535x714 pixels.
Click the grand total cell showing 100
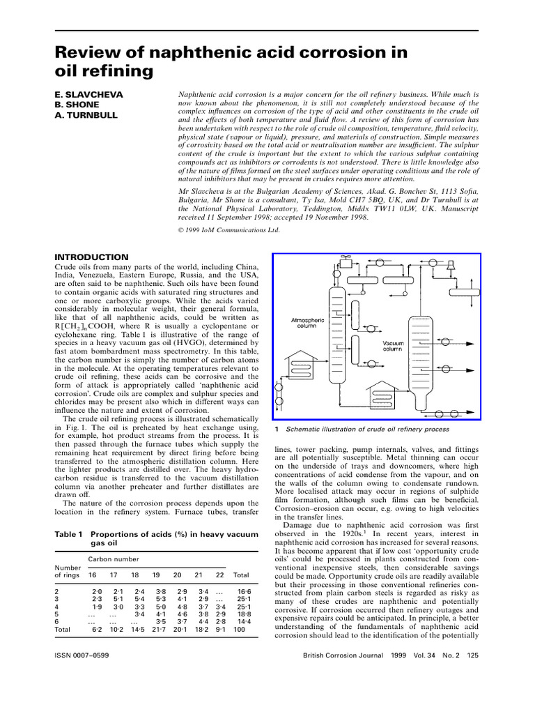coord(240,629)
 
